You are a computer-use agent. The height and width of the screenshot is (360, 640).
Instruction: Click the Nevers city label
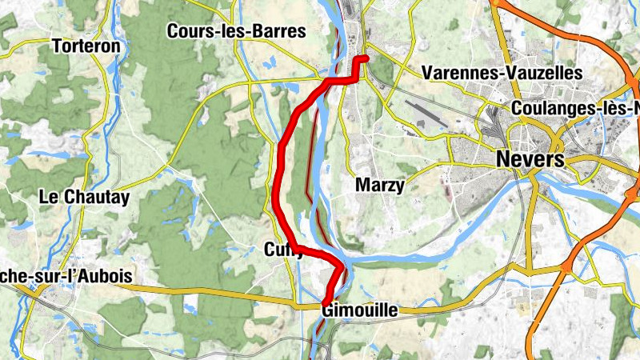(530, 158)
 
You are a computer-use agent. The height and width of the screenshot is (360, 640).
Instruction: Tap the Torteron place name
(86, 46)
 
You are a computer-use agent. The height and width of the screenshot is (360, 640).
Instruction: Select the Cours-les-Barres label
(237, 32)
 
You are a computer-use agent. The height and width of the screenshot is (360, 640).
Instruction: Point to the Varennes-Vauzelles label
(502, 73)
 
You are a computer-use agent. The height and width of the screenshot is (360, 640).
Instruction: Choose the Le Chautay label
(84, 197)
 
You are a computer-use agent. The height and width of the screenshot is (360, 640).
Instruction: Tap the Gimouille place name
(359, 310)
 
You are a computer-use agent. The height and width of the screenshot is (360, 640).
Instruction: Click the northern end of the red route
(365, 58)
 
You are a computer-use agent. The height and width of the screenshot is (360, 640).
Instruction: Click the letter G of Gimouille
(328, 310)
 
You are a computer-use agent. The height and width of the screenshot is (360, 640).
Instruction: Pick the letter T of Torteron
(57, 46)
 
